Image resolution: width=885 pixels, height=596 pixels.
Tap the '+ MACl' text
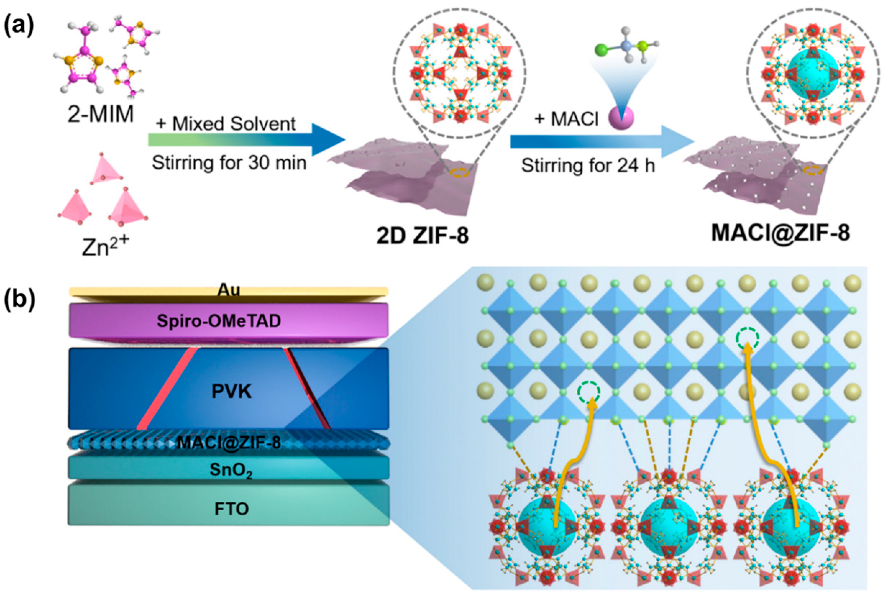tap(566, 120)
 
